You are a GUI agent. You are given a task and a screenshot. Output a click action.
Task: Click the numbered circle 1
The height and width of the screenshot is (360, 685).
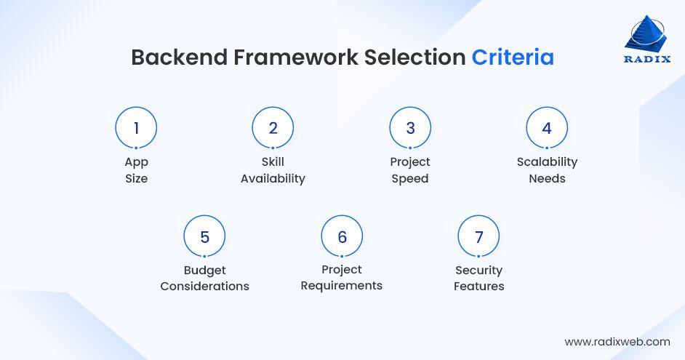[136, 128]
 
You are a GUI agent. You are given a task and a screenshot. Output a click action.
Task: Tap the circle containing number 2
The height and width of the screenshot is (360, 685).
[273, 128]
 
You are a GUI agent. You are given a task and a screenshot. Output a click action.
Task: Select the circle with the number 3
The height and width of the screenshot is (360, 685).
[410, 128]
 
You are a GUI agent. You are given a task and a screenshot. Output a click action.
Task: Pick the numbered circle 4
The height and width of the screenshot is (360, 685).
[547, 128]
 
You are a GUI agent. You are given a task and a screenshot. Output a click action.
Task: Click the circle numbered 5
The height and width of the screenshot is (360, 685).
[204, 236]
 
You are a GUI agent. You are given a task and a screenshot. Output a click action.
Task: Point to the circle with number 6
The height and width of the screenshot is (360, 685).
[342, 236]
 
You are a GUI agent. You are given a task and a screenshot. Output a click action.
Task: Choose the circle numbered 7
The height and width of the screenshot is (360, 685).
[478, 236]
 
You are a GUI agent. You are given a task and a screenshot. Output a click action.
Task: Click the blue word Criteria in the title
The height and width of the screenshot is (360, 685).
[513, 57]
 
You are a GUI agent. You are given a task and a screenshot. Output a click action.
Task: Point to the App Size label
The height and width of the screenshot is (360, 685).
[136, 170]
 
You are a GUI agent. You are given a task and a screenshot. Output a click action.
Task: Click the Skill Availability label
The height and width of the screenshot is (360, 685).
[273, 170]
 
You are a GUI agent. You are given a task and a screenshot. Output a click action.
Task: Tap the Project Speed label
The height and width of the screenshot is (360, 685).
[410, 170]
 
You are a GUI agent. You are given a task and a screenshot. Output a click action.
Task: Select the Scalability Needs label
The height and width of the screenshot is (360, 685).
[547, 170]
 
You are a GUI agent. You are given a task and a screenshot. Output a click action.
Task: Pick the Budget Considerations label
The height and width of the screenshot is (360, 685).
[204, 279]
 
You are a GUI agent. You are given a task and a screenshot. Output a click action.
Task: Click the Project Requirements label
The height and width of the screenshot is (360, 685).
[342, 278]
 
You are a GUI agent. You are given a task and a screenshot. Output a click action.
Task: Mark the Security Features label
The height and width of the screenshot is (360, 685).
[478, 279]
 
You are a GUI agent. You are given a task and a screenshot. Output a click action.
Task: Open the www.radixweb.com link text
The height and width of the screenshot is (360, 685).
[617, 341]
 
